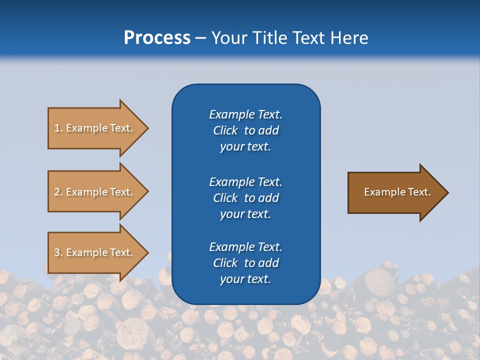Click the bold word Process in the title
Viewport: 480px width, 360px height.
157,38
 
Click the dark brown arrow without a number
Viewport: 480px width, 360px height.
395,192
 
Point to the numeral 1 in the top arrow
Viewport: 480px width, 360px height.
57,128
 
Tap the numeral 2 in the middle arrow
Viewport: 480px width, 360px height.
57,192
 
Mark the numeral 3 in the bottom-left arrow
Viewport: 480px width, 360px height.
57,252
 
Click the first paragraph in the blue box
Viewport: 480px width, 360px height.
245,130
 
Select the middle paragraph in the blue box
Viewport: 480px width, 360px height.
245,198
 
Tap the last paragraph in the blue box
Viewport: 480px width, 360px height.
245,263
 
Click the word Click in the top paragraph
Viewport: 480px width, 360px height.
225,130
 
